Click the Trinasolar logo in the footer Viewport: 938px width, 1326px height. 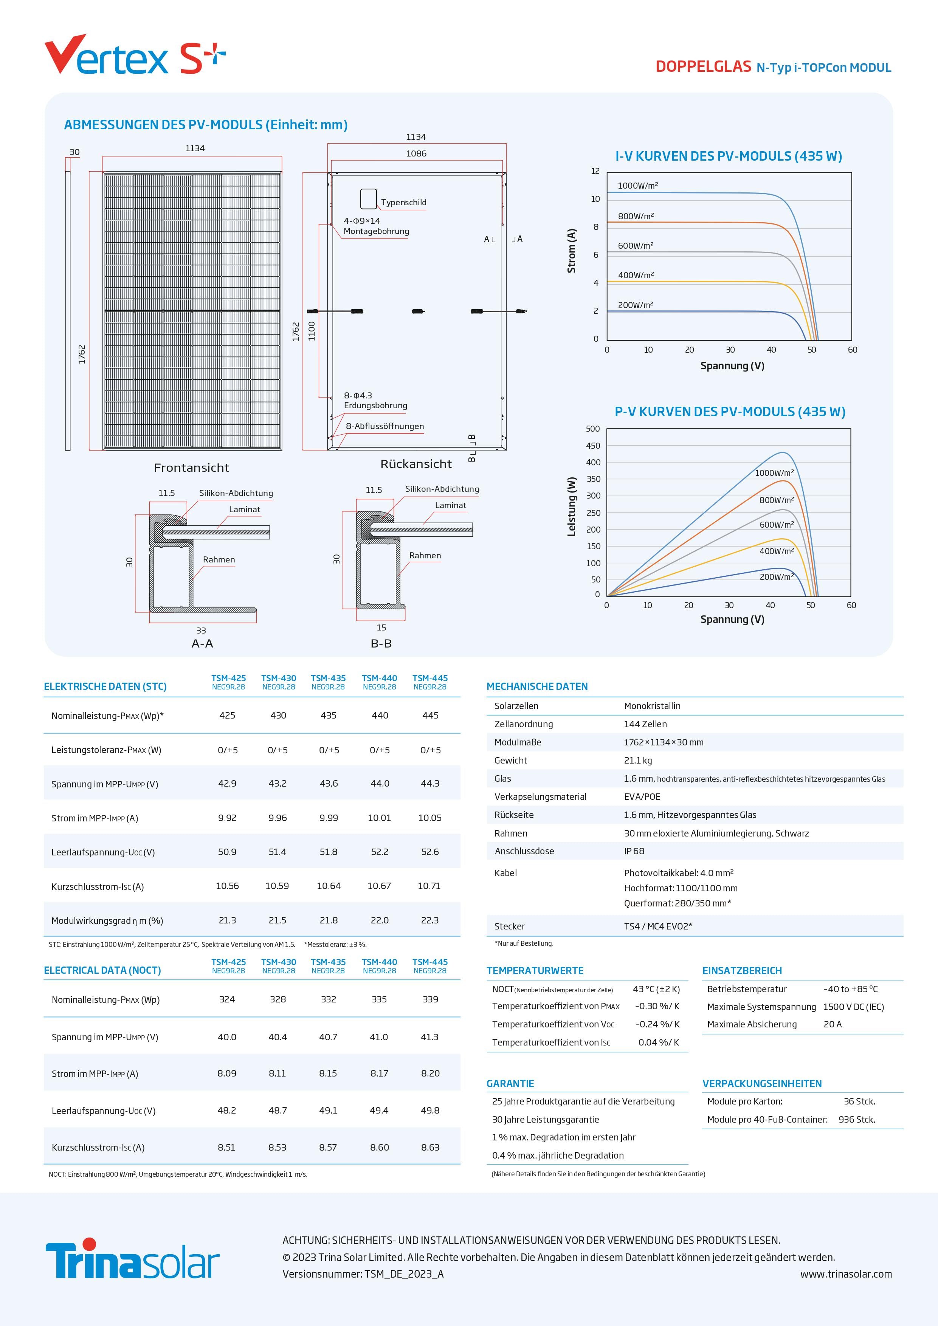click(x=132, y=1259)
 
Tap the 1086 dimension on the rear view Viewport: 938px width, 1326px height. click(x=416, y=153)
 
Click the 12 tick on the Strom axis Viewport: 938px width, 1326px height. click(x=595, y=171)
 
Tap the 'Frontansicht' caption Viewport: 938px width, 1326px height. click(x=191, y=468)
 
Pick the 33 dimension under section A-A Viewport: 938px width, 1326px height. click(x=201, y=630)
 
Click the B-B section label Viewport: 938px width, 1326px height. click(x=381, y=643)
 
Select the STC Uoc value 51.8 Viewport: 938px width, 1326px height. click(x=329, y=852)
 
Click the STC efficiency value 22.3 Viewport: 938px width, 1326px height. click(x=430, y=920)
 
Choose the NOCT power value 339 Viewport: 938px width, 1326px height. click(x=430, y=999)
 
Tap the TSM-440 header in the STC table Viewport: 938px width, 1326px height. click(x=380, y=678)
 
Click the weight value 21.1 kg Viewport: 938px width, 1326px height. click(x=638, y=761)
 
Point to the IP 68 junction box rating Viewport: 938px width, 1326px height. click(x=634, y=851)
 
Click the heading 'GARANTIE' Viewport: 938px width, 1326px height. click(x=510, y=1083)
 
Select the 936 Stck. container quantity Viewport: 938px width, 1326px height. click(x=857, y=1119)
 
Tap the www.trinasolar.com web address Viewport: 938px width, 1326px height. click(x=846, y=1274)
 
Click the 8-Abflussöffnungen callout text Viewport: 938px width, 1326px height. click(x=385, y=426)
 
